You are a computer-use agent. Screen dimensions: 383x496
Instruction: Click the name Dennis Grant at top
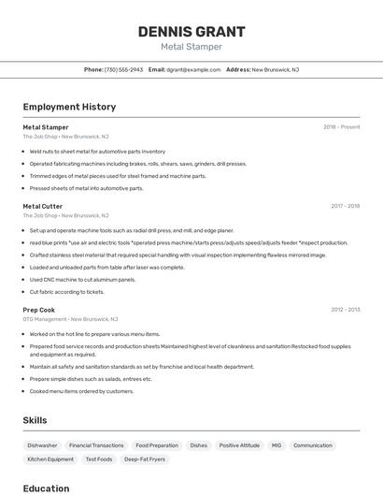pos(191,31)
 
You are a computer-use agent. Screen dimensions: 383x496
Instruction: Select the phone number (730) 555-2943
pos(123,69)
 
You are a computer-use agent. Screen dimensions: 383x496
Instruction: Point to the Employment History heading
pos(69,107)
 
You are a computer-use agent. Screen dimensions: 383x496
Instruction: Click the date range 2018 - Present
pos(342,126)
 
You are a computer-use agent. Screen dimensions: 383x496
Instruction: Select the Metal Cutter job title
pos(43,206)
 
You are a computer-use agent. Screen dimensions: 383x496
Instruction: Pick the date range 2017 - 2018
pos(346,206)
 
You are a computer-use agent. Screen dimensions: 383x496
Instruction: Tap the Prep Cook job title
pos(39,310)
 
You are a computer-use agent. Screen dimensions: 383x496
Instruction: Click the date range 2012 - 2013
pos(346,310)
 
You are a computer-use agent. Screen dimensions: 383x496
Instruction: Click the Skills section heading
pos(35,420)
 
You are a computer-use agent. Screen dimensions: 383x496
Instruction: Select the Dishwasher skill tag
pos(42,445)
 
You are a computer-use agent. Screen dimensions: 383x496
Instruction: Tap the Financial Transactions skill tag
pos(96,445)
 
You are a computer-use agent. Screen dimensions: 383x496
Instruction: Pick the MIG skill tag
pos(276,445)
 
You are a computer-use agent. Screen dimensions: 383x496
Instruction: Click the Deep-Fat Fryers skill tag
pos(145,460)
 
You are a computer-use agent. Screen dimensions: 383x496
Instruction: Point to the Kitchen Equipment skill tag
pos(50,460)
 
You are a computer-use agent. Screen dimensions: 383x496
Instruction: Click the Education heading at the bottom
pos(46,488)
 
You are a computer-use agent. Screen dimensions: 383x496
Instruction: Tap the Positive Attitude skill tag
pos(239,445)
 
